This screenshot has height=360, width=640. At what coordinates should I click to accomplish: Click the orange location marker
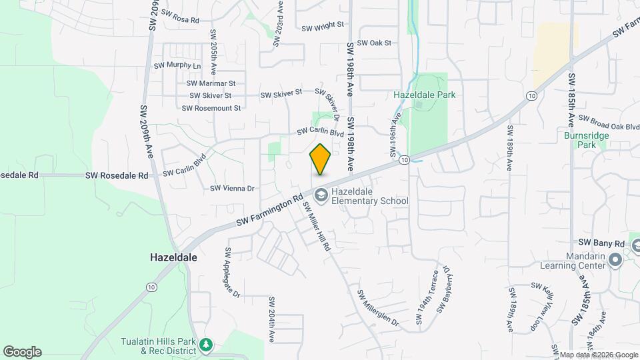coord(320,159)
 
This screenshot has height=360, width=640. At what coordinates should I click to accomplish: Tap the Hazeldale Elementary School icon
coord(321,195)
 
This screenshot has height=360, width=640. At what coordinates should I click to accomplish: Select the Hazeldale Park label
coord(424,95)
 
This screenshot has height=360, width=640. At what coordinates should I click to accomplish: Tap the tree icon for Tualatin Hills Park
coord(207,344)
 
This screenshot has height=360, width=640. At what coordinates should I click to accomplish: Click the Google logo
coord(22,352)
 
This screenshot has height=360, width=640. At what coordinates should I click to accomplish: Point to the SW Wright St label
coord(322,27)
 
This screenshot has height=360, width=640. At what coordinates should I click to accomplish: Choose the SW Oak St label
coord(373,43)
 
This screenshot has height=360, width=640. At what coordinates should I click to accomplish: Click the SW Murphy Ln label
coord(177,66)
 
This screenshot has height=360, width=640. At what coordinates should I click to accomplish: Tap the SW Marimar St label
coord(211,83)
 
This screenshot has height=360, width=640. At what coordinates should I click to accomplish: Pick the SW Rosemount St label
coord(211,108)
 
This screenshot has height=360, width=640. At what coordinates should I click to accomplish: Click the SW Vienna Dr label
coord(233,189)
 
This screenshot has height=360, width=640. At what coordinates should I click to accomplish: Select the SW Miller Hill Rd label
coord(318,227)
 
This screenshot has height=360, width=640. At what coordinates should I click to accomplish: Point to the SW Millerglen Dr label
coord(377,307)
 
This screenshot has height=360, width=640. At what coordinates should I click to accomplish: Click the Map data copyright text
coord(598,355)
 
